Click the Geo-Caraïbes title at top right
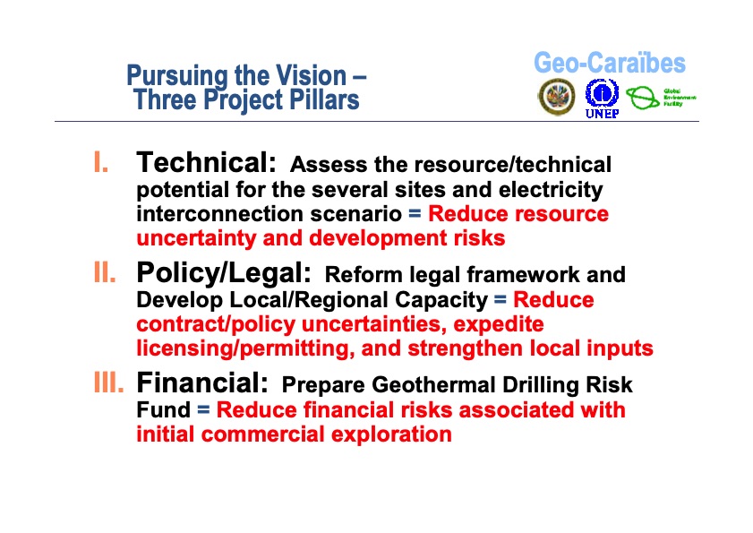tap(610, 64)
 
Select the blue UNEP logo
tap(602, 97)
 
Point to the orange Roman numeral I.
tap(101, 164)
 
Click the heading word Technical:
tap(206, 163)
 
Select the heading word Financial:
tap(202, 384)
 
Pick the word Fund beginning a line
tap(163, 410)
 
